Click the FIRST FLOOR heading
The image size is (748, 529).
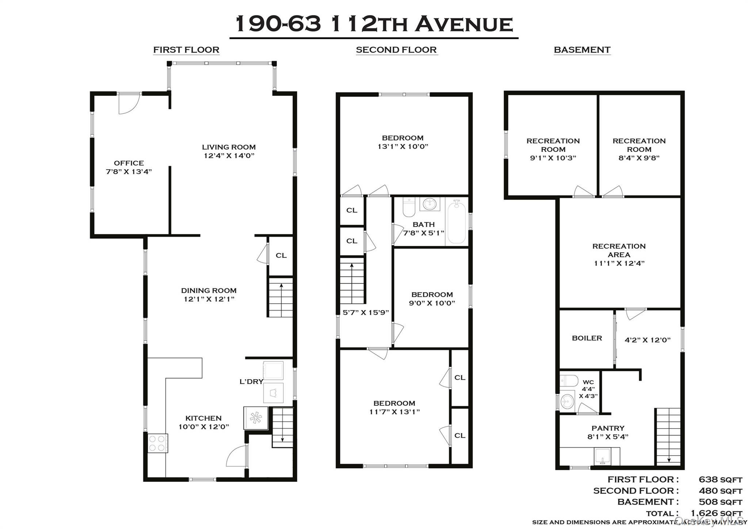186,50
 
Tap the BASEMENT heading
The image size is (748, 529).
582,50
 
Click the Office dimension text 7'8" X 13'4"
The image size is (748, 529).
129,172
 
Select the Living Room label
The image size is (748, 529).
229,147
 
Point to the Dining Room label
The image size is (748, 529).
209,290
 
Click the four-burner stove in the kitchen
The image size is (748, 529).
157,443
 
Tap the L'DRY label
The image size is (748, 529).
251,382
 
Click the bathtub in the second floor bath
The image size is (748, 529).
456,221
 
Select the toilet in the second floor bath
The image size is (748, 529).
409,207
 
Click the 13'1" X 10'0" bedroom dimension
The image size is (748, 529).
402,146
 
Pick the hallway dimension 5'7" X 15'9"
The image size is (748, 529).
365,312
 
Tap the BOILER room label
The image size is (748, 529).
587,338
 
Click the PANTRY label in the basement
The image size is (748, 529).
608,428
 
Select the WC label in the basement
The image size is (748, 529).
588,382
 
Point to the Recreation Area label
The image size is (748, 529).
619,250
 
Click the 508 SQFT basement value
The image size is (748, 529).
720,502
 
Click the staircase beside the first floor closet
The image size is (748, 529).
281,297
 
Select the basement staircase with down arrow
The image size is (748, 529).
668,437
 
